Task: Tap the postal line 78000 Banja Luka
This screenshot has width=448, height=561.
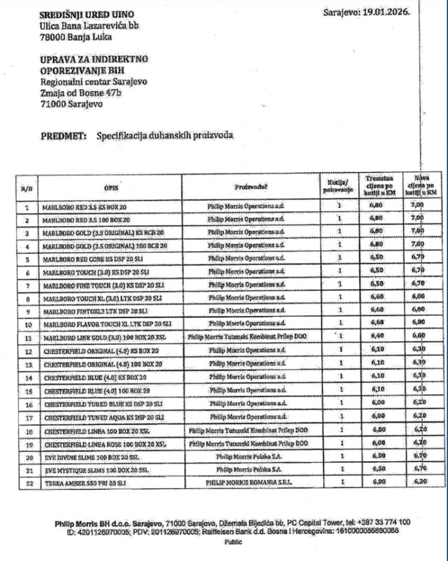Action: point(75,36)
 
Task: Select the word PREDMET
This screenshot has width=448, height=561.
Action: point(65,135)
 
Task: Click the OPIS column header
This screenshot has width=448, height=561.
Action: point(109,187)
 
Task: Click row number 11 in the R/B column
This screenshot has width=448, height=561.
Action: point(27,337)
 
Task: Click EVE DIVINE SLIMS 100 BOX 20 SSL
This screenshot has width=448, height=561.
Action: point(90,456)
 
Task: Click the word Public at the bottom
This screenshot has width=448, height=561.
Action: point(233,542)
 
